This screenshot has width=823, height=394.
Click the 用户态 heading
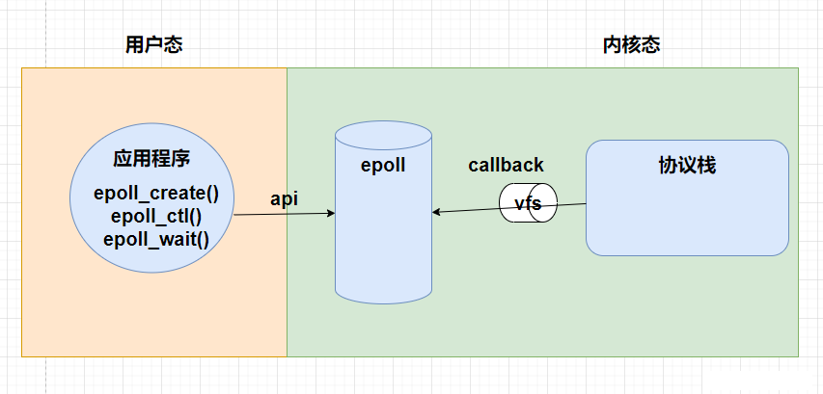pyautogui.click(x=153, y=45)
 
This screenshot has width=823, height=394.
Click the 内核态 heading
pyautogui.click(x=631, y=45)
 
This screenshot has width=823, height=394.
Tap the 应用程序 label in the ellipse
pyautogui.click(x=151, y=159)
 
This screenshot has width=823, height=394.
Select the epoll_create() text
pyautogui.click(x=156, y=194)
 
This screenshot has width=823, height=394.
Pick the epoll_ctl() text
pyautogui.click(x=156, y=217)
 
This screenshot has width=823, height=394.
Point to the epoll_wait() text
pyautogui.click(x=156, y=240)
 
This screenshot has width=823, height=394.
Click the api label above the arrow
pyautogui.click(x=284, y=200)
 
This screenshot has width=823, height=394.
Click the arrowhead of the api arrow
pyautogui.click(x=331, y=213)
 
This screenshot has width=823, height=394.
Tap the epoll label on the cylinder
pyautogui.click(x=383, y=165)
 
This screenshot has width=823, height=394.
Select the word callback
pyautogui.click(x=506, y=165)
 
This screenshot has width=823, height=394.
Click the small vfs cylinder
pyautogui.click(x=528, y=202)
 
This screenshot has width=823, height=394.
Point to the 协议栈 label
pyautogui.click(x=687, y=166)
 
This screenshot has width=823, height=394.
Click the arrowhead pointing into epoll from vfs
pyautogui.click(x=436, y=212)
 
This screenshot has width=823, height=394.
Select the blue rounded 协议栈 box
pyautogui.click(x=687, y=197)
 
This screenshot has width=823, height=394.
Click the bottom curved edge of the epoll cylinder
pyautogui.click(x=384, y=302)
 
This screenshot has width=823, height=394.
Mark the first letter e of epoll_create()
pyautogui.click(x=98, y=194)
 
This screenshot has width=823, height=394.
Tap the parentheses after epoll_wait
pyautogui.click(x=204, y=240)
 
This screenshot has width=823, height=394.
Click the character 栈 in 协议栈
pyautogui.click(x=706, y=166)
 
